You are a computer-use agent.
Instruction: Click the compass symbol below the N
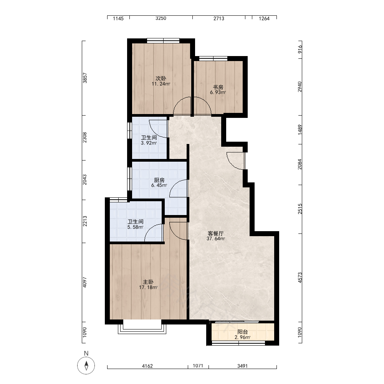pyautogui.click(x=86, y=366)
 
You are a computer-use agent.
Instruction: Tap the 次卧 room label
pyautogui.click(x=161, y=78)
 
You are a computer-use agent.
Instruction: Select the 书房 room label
pyautogui.click(x=218, y=87)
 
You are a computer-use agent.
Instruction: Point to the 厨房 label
pyautogui.click(x=159, y=180)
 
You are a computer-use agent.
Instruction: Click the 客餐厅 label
pyautogui.click(x=216, y=233)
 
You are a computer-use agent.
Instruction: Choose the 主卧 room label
pyautogui.click(x=148, y=282)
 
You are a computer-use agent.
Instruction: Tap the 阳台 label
pyautogui.click(x=243, y=332)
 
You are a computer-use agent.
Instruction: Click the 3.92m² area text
pyautogui.click(x=149, y=143)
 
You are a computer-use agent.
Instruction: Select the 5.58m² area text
pyautogui.click(x=136, y=227)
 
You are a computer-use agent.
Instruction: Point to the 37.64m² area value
pyautogui.click(x=216, y=238)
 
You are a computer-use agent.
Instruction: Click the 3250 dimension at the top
pyautogui.click(x=161, y=18)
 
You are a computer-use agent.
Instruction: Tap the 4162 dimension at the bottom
pyautogui.click(x=147, y=366)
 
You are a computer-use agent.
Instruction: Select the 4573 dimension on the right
pyautogui.click(x=300, y=278)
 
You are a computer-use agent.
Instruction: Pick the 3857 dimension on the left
pyautogui.click(x=85, y=78)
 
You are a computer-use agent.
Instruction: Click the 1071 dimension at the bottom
pyautogui.click(x=198, y=366)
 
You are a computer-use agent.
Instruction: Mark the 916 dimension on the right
pyautogui.click(x=300, y=49)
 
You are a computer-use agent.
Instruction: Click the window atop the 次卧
pyautogui.click(x=163, y=41)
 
